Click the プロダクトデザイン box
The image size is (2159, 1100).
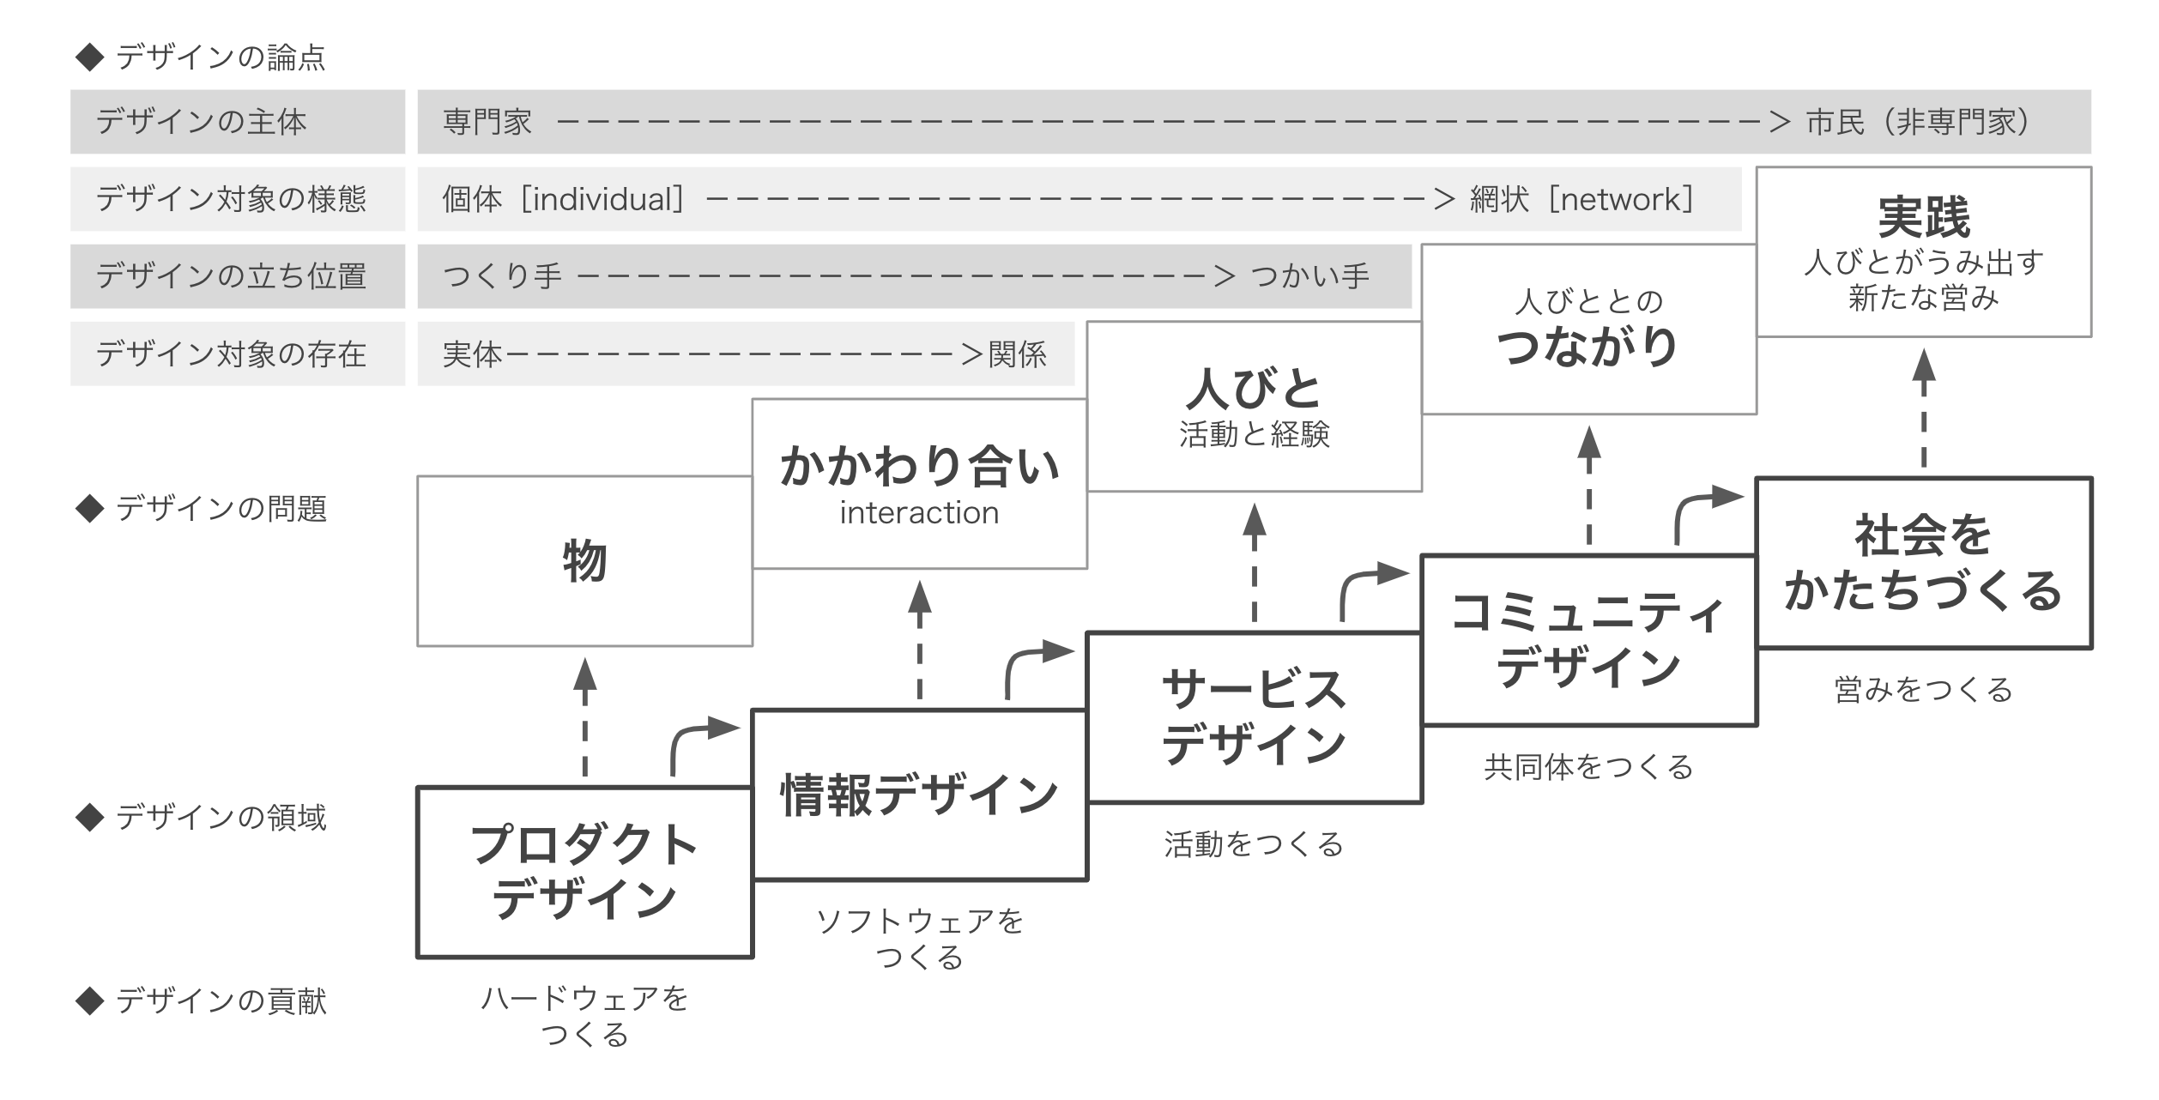[x=584, y=871]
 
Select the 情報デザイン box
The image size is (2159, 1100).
[x=919, y=794]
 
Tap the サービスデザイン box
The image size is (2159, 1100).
[x=1254, y=716]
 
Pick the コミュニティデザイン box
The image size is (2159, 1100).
[x=1588, y=639]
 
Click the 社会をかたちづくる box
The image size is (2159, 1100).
[x=1923, y=562]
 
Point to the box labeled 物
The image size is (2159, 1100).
[x=584, y=560]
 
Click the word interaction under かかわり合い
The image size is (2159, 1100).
[x=919, y=513]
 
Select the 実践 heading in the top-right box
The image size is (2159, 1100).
[x=1923, y=217]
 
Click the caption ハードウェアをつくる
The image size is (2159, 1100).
[x=584, y=1016]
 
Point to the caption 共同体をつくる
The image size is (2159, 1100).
[x=1588, y=766]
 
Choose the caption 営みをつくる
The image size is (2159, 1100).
[x=1923, y=689]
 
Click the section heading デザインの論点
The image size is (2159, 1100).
[x=221, y=57]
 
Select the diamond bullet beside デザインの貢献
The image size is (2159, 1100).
[x=89, y=1000]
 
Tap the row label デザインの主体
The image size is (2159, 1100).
[x=201, y=122]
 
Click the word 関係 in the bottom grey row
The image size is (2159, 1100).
[x=1017, y=354]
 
